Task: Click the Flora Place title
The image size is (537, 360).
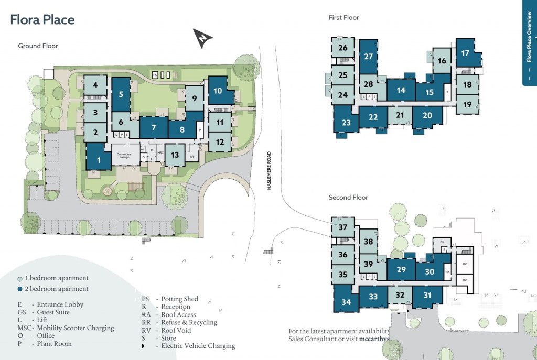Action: [42, 20]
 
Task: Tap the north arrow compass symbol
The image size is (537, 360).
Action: [203, 38]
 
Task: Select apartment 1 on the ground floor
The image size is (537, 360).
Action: [99, 159]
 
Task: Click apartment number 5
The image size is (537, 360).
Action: [121, 95]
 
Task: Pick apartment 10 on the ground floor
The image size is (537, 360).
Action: [217, 90]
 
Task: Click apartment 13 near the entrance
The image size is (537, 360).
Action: [175, 155]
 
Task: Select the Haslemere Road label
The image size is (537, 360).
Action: [269, 171]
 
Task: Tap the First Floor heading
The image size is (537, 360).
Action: [343, 18]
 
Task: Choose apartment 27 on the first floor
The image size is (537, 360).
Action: [368, 57]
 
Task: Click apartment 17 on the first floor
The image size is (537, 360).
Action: [465, 53]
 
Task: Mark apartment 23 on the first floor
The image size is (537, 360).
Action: [346, 123]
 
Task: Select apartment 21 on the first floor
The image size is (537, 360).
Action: [400, 115]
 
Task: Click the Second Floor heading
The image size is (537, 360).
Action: [348, 198]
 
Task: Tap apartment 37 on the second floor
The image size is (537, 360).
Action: [343, 227]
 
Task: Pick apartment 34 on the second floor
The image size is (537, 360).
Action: [346, 302]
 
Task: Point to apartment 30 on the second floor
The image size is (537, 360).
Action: [429, 271]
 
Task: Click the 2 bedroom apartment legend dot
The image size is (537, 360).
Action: [19, 289]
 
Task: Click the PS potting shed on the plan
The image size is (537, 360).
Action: [155, 75]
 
